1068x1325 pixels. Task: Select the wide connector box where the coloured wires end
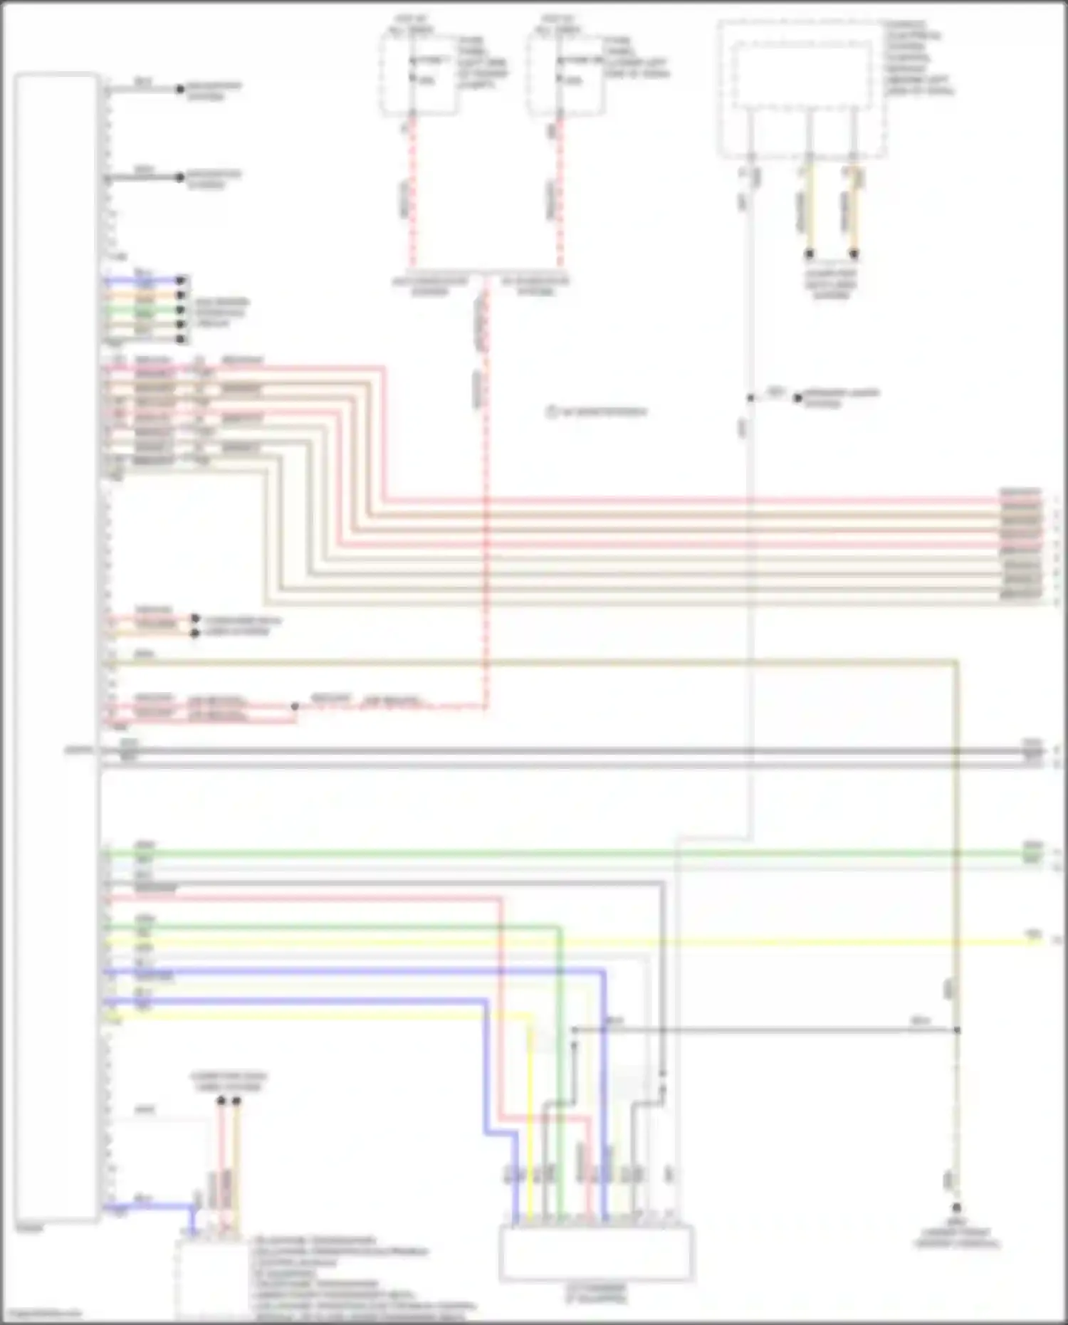pos(596,1252)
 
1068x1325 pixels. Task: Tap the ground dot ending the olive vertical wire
pos(956,1208)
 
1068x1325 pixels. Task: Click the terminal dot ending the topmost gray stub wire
pos(180,90)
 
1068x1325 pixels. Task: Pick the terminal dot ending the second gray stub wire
pos(180,177)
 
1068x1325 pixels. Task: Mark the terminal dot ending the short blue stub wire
pos(181,281)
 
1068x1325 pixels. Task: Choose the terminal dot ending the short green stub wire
pos(181,310)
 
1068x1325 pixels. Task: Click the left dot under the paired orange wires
pos(809,253)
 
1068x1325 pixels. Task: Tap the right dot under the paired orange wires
pos(854,253)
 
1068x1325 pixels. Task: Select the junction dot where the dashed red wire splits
pos(295,707)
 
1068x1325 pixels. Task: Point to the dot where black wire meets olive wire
pos(956,1030)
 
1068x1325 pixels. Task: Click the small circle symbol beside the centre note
pos(552,412)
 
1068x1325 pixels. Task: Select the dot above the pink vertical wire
pos(221,1101)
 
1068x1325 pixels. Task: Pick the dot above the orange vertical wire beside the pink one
pos(236,1101)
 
